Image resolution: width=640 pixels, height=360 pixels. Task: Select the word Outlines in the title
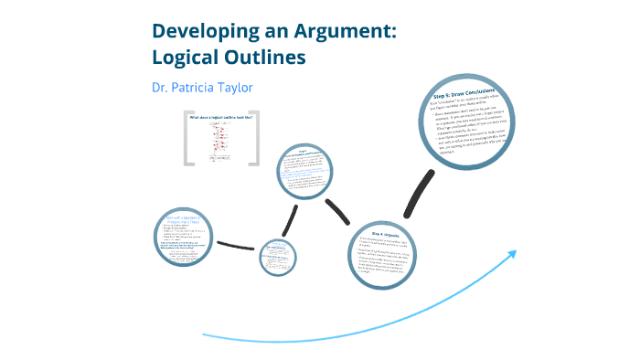point(271,56)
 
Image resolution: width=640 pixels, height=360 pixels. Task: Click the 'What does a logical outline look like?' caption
point(220,118)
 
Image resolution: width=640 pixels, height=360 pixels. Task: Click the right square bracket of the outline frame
point(255,140)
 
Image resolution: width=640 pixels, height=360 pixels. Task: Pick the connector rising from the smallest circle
point(292,218)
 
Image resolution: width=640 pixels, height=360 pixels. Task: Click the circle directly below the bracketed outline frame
point(306,171)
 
